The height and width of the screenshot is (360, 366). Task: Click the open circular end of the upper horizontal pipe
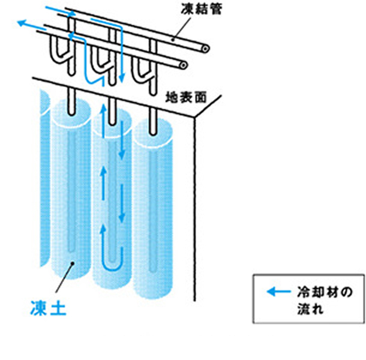point(205,49)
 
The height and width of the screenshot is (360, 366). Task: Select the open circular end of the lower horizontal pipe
point(184,64)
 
